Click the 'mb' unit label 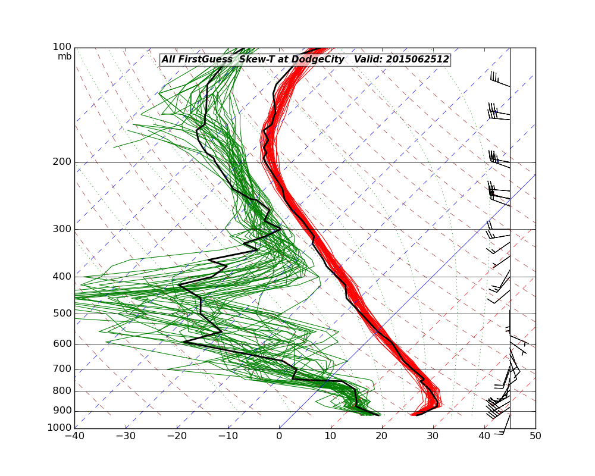(x=64, y=57)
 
